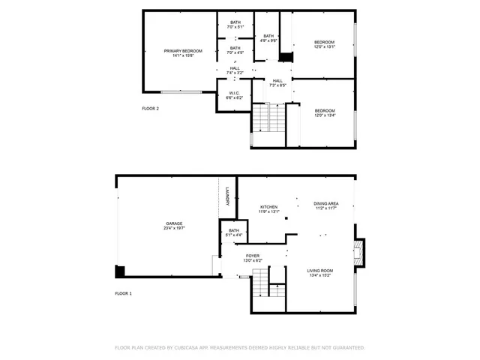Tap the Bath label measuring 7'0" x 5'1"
pyautogui.click(x=235, y=22)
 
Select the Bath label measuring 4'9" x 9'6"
pyautogui.click(x=268, y=36)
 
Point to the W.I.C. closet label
pyautogui.click(x=235, y=94)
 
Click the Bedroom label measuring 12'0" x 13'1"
pyautogui.click(x=324, y=42)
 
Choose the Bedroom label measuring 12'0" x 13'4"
pyautogui.click(x=324, y=111)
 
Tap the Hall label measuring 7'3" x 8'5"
pyautogui.click(x=277, y=81)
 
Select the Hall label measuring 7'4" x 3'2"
pyautogui.click(x=235, y=69)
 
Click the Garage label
pyautogui.click(x=175, y=223)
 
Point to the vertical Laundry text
pyautogui.click(x=226, y=196)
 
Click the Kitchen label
pyautogui.click(x=268, y=207)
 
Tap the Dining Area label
pyautogui.click(x=325, y=204)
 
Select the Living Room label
pyautogui.click(x=320, y=271)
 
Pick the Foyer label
pyautogui.click(x=253, y=256)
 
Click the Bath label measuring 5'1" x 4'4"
pyautogui.click(x=233, y=231)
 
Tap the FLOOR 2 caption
pyautogui.click(x=150, y=109)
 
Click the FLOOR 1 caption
pyautogui.click(x=123, y=293)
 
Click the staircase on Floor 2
pyautogui.click(x=268, y=118)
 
